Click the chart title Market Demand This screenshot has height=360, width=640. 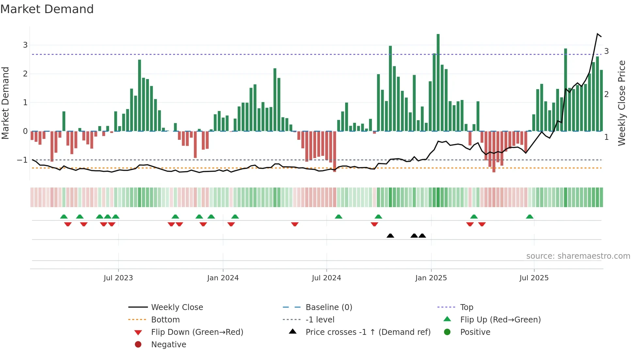(47, 9)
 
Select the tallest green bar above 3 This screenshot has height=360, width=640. (438, 82)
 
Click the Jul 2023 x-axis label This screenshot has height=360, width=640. (118, 278)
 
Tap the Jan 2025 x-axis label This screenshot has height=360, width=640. (431, 278)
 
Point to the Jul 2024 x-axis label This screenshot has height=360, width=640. (326, 278)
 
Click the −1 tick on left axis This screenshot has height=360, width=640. (22, 160)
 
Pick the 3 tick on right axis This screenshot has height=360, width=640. (606, 51)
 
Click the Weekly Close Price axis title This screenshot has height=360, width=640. (622, 103)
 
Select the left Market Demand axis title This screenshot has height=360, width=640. (6, 103)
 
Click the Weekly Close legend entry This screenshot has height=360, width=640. (177, 307)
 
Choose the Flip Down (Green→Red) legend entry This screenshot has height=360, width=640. (197, 332)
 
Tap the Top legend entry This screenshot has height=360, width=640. (466, 307)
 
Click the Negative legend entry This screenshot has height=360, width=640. (168, 345)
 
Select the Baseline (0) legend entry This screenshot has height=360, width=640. (328, 307)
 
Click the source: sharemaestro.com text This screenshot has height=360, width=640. (578, 256)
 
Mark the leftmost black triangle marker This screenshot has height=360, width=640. (390, 236)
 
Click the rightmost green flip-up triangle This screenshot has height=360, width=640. (530, 217)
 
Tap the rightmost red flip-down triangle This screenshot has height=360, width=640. (482, 224)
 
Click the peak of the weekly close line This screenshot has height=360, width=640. (597, 34)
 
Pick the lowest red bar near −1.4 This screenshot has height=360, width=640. (494, 152)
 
